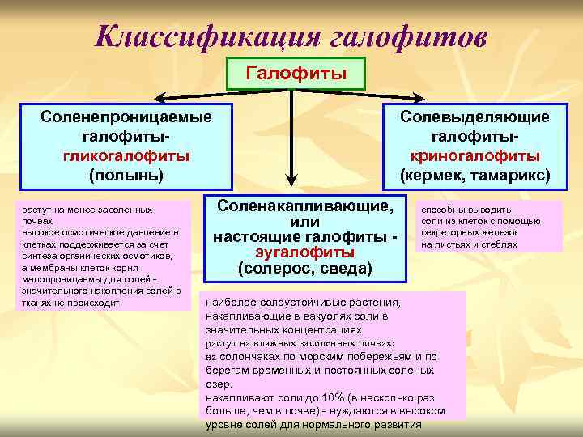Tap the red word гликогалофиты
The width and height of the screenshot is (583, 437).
click(x=126, y=155)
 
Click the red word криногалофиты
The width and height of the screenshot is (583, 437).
click(x=474, y=155)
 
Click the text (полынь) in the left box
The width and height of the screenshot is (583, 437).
click(x=126, y=173)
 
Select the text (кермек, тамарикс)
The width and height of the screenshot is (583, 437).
click(x=474, y=174)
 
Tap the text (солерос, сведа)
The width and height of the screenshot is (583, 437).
click(x=304, y=267)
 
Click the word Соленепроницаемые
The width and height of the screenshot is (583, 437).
click(x=126, y=117)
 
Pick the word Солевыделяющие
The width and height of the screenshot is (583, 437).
click(x=474, y=117)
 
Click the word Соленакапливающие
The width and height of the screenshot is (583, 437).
click(x=303, y=206)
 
